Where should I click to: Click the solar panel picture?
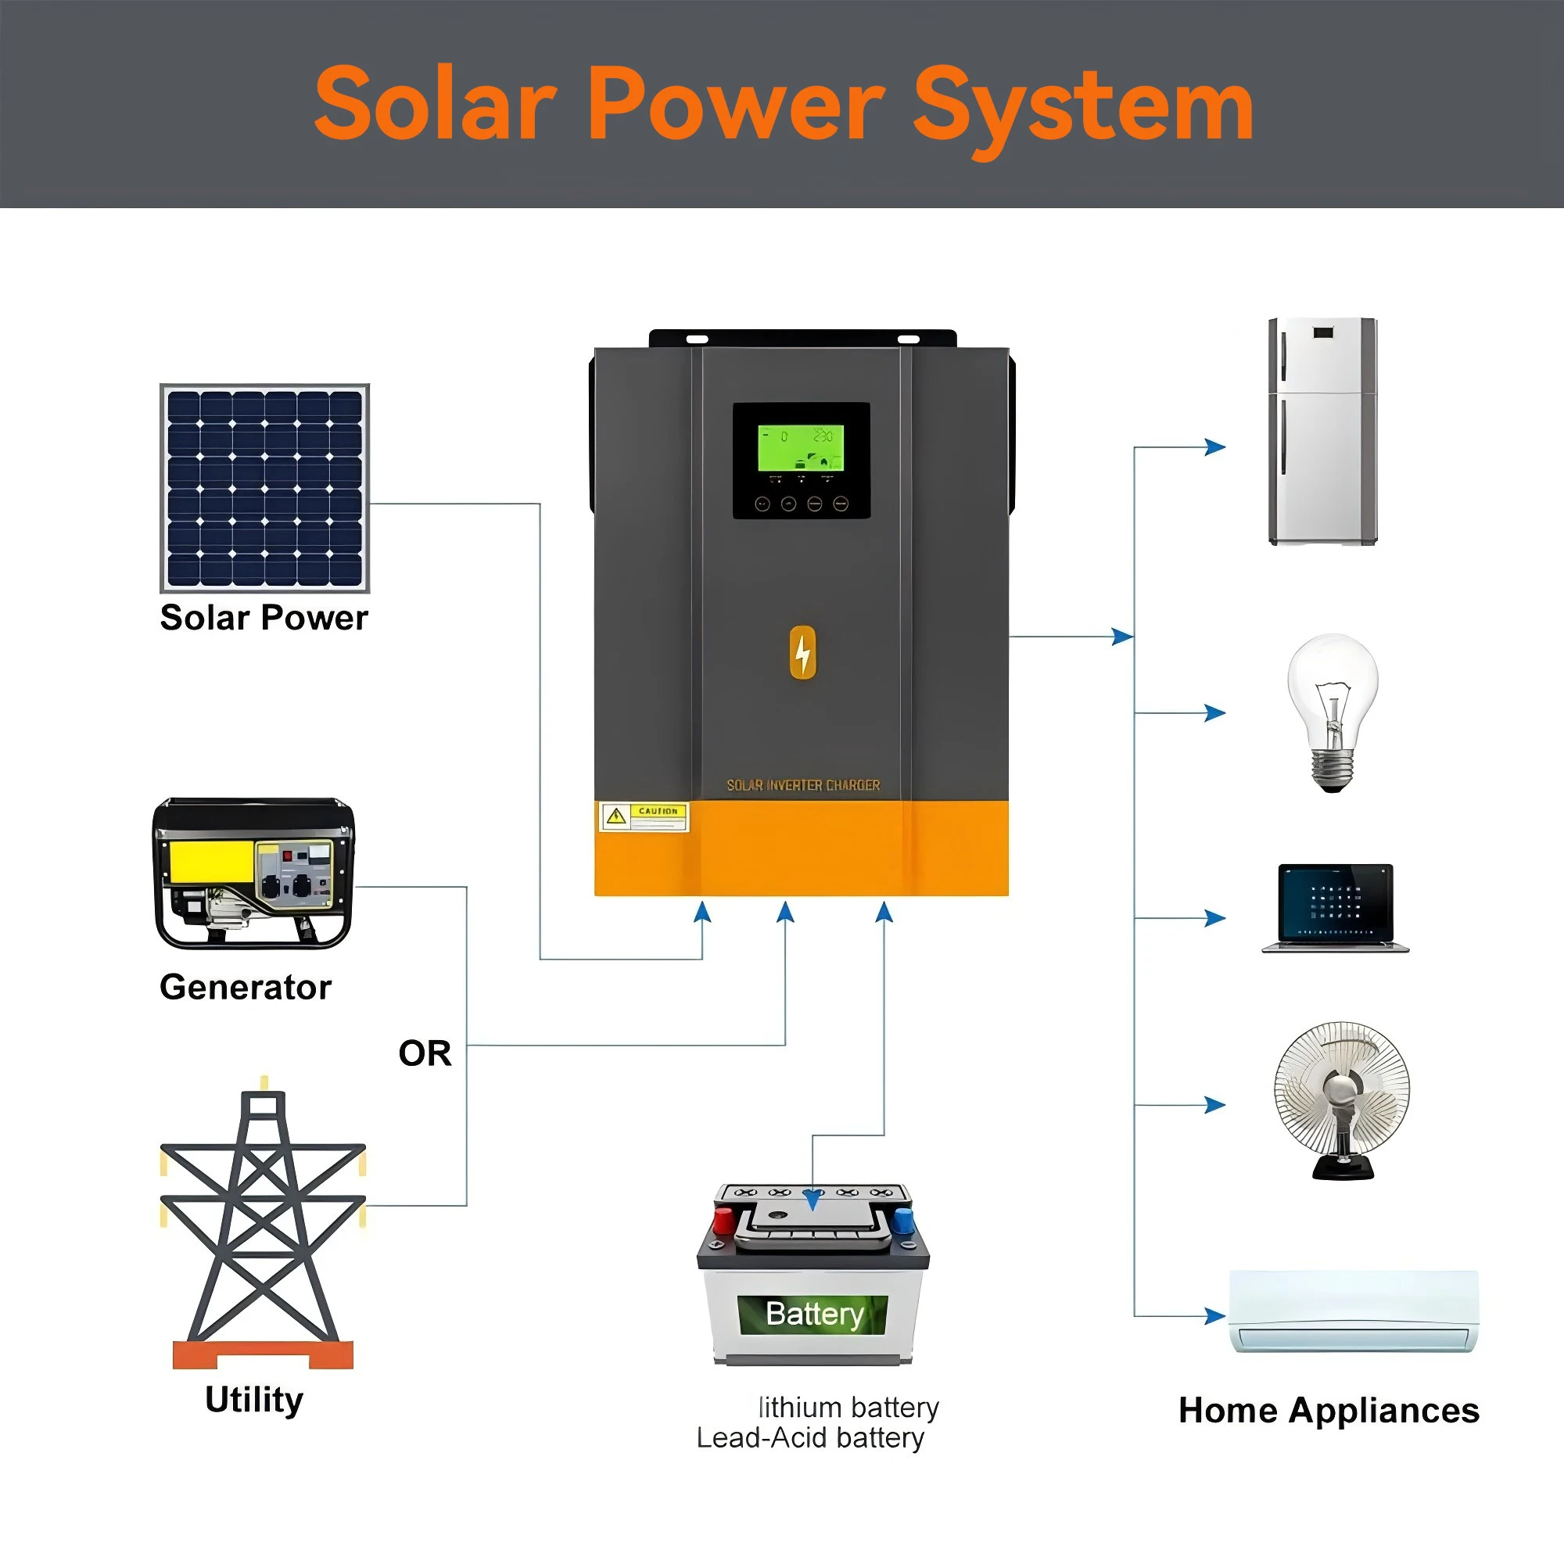click(265, 488)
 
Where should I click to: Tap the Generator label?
click(246, 988)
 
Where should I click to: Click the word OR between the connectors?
click(424, 1053)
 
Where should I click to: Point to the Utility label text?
click(254, 1400)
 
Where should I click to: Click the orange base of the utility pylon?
click(263, 1354)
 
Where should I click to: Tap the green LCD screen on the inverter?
click(801, 447)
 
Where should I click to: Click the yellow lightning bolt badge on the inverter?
click(802, 651)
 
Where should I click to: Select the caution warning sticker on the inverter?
click(644, 817)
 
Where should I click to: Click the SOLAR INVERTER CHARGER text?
click(803, 785)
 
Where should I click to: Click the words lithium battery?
click(848, 1408)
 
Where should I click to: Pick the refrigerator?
click(1322, 432)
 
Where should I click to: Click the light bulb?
click(1333, 710)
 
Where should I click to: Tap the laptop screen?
click(1336, 902)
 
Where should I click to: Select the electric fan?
click(1341, 1099)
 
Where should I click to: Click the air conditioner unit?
click(1354, 1311)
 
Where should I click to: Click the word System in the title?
click(1083, 106)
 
